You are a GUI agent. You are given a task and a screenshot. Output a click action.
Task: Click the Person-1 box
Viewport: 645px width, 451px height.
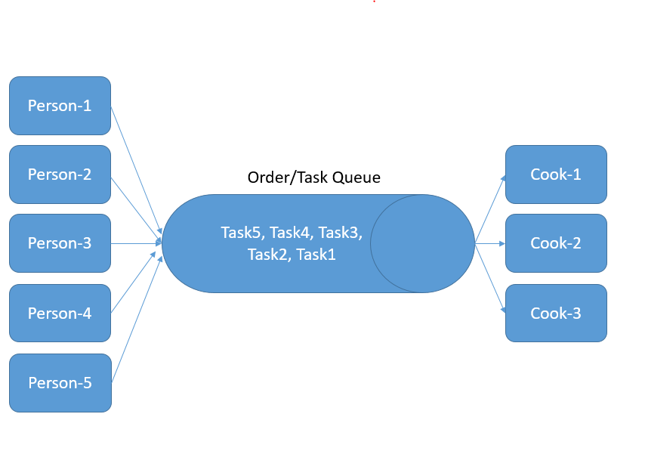coord(60,106)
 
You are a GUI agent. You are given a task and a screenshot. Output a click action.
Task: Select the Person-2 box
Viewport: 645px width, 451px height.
coord(60,175)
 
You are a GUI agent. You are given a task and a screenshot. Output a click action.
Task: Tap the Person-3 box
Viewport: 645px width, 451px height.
coord(60,243)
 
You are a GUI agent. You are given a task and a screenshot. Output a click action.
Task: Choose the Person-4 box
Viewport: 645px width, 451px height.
coord(60,313)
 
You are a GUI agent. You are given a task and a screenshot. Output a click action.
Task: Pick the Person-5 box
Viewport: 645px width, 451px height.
coord(60,383)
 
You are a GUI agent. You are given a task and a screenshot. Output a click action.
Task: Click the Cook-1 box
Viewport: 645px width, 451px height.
coord(556,175)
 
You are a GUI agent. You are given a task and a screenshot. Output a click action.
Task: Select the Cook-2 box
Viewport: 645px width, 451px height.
coord(556,243)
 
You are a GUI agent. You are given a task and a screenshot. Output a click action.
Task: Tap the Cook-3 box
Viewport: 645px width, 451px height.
coord(556,313)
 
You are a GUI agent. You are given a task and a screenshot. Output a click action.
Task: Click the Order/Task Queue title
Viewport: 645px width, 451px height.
coord(314,178)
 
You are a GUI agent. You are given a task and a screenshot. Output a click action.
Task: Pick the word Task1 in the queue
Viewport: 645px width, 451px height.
coord(316,255)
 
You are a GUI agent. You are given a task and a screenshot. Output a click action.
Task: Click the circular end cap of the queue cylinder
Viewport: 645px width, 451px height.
coord(422,243)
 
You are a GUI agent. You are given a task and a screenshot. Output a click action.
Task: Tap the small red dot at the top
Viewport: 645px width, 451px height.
coord(374,2)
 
